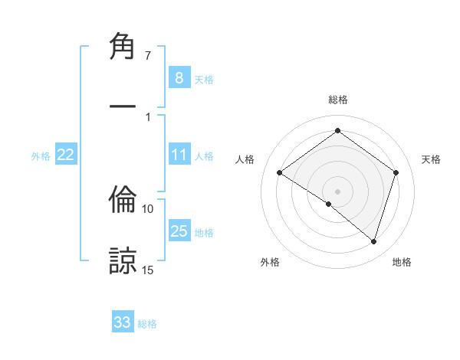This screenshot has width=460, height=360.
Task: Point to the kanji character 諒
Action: click(123, 259)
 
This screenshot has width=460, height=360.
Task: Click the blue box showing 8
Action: click(179, 77)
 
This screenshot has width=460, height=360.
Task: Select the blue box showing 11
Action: click(179, 155)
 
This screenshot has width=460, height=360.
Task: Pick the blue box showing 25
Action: click(179, 231)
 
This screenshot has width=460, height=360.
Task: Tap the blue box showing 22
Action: click(65, 155)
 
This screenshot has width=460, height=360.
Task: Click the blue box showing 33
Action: click(122, 322)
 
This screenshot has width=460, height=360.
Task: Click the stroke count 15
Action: click(148, 270)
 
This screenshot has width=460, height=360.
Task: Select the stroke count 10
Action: click(148, 208)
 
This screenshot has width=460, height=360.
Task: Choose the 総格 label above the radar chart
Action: click(338, 100)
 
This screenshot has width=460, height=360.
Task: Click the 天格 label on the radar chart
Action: click(431, 159)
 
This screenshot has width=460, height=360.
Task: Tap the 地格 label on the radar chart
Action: click(402, 262)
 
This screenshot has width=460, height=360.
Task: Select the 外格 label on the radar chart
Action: click(270, 262)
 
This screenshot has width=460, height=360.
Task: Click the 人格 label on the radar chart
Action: click(245, 159)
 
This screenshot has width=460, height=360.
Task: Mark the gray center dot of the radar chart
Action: click(337, 191)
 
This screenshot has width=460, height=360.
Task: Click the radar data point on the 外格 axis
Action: click(328, 205)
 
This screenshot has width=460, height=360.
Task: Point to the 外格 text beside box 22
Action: click(41, 156)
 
